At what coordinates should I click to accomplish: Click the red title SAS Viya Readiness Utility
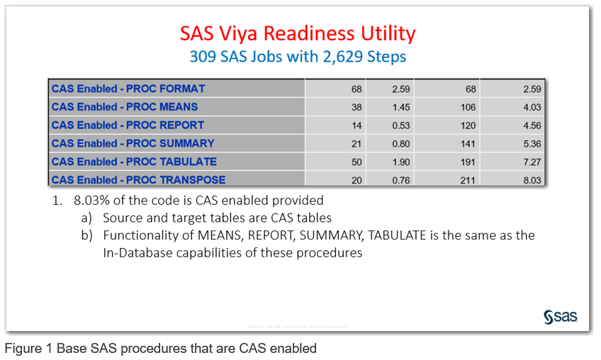pyautogui.click(x=298, y=33)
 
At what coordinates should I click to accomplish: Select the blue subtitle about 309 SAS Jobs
pyautogui.click(x=298, y=56)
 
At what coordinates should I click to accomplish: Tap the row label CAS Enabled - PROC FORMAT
pyautogui.click(x=128, y=89)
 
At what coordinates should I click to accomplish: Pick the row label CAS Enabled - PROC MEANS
pyautogui.click(x=125, y=107)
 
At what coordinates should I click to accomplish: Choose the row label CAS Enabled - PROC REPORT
pyautogui.click(x=128, y=125)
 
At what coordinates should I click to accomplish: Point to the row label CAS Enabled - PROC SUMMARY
pyautogui.click(x=131, y=144)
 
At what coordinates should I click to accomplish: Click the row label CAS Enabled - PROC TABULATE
pyautogui.click(x=134, y=162)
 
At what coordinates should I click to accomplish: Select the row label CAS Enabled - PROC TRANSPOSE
pyautogui.click(x=138, y=180)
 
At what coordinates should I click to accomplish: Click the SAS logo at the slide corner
pyautogui.click(x=561, y=316)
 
